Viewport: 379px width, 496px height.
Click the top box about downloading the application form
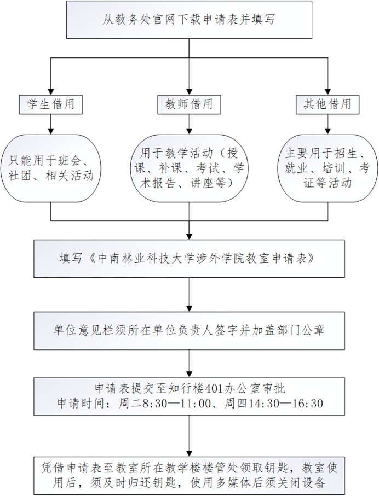[189, 20]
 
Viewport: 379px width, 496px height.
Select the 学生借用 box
[51, 103]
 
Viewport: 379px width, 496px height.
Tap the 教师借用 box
[189, 103]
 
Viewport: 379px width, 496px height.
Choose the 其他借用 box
[328, 103]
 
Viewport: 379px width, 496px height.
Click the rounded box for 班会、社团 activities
[51, 169]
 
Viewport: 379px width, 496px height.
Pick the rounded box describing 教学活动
[189, 169]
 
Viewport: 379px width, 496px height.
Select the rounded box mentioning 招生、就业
[328, 169]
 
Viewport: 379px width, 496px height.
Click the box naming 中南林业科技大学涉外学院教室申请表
[189, 258]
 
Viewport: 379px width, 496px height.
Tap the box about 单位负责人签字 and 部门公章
[189, 330]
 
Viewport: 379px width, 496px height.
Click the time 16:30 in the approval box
[309, 404]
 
